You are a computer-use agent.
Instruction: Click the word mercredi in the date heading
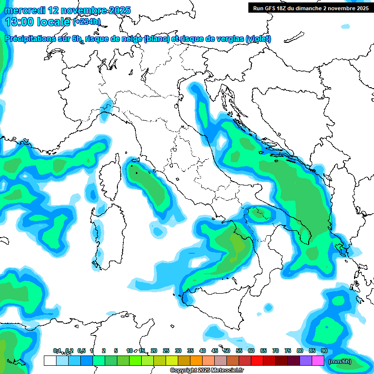coord(24,10)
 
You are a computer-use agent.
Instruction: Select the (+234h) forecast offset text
coord(86,21)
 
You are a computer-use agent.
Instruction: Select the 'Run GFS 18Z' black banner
coord(310,8)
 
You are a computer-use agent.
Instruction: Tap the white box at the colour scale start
coord(50,361)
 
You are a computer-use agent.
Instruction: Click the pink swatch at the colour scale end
coord(318,361)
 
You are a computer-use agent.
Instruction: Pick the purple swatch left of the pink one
coord(306,361)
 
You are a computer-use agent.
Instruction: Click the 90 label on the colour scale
coord(324,351)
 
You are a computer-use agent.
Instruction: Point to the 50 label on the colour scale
coord(227,351)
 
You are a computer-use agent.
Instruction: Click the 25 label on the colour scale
coord(166,351)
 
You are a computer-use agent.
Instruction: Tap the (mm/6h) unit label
coord(339,361)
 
